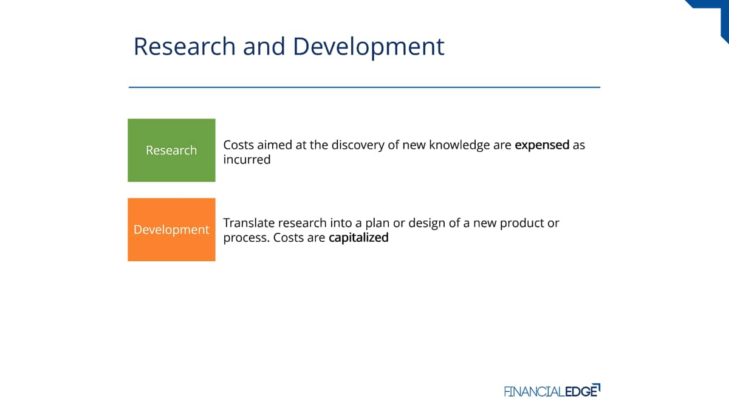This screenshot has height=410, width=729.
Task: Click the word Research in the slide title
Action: coord(185,46)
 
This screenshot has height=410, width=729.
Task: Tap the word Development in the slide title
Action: coord(369,48)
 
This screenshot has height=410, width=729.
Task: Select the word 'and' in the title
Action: coord(264,46)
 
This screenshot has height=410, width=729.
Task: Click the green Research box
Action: coord(171,150)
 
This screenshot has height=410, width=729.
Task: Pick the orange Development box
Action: coord(171,230)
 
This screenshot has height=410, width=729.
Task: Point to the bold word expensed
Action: coord(542,145)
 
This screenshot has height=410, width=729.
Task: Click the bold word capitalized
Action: coord(358,238)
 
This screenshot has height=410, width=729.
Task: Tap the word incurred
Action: coord(247,160)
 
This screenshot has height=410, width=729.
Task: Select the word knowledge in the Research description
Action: coord(459,145)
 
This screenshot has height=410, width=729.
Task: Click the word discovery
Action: coord(358,145)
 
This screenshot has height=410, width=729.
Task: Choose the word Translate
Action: coord(249,224)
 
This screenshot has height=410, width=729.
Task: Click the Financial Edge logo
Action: coord(552,391)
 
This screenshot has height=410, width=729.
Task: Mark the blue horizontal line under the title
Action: coord(364,87)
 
